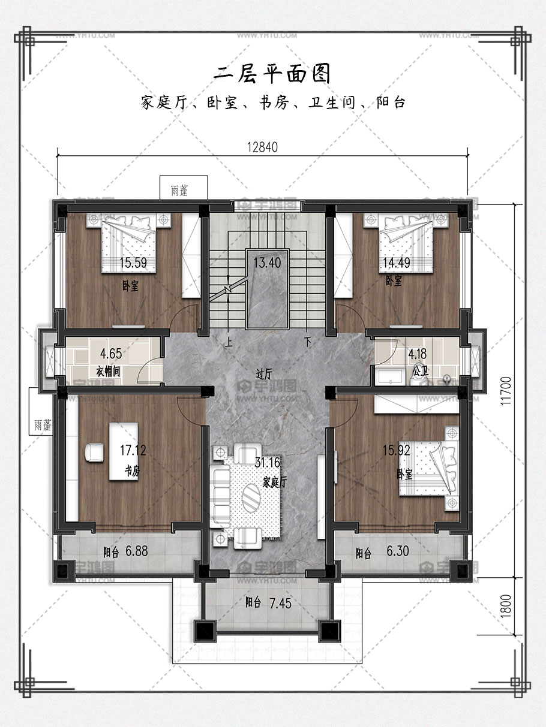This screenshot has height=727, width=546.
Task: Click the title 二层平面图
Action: point(272,74)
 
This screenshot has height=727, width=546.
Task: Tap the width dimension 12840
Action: point(262,147)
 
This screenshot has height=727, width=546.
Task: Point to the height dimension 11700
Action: point(505,391)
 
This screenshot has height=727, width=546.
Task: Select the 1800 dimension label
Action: point(505,606)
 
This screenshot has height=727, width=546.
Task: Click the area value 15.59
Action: point(133,263)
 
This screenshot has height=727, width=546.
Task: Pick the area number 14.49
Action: point(397,263)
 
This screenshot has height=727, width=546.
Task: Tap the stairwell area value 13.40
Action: point(267,263)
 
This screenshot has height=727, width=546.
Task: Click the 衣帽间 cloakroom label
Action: point(109,372)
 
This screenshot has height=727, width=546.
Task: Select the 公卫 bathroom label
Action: point(421,371)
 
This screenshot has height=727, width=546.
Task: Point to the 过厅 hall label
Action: point(264,374)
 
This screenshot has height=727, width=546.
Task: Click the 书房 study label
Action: point(132,470)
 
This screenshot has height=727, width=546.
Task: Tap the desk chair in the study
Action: point(94,453)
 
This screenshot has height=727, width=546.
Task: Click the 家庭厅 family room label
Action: point(274,482)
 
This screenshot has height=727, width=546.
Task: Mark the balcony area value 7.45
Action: point(280,604)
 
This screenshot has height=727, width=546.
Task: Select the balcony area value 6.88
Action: point(137,551)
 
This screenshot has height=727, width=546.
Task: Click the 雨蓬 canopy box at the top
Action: point(184,188)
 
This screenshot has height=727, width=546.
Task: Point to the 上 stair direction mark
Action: point(229,342)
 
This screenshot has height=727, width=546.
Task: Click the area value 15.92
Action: point(397,450)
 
